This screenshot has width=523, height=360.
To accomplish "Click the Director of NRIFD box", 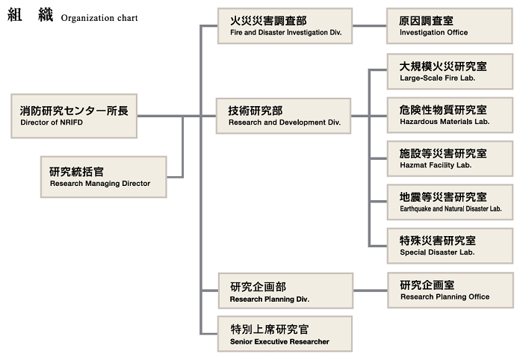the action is point(74,116).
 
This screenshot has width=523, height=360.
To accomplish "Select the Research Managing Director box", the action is point(103,177).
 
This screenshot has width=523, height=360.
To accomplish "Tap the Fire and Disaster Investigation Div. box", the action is point(285,26).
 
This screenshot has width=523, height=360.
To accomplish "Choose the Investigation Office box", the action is point(450,26).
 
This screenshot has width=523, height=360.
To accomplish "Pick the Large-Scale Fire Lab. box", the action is point(450,72).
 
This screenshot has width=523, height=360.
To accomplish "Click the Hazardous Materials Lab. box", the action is point(450,115).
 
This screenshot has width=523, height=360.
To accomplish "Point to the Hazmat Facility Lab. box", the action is point(450,158).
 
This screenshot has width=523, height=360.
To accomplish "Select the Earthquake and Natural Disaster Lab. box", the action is point(450,202).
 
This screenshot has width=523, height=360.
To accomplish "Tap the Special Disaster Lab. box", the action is point(450,246).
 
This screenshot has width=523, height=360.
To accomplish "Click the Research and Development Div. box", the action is point(283,116).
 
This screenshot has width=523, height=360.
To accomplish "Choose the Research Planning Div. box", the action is point(285,291).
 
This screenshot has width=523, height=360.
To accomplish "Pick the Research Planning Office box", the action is point(451,290).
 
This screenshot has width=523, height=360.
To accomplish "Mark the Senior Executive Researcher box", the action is point(285,334).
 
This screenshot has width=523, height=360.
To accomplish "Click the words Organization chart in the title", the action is point(99,18).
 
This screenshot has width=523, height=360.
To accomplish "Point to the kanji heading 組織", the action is point(30,15).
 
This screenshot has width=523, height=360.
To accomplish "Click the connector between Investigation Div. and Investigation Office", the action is point(370,25).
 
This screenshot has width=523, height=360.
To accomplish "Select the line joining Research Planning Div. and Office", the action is point(371,291).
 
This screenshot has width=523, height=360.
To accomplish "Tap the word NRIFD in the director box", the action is point(71,122).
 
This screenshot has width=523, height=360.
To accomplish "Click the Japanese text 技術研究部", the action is point(256,111).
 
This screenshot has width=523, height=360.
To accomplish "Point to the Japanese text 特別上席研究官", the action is point(270,329).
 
